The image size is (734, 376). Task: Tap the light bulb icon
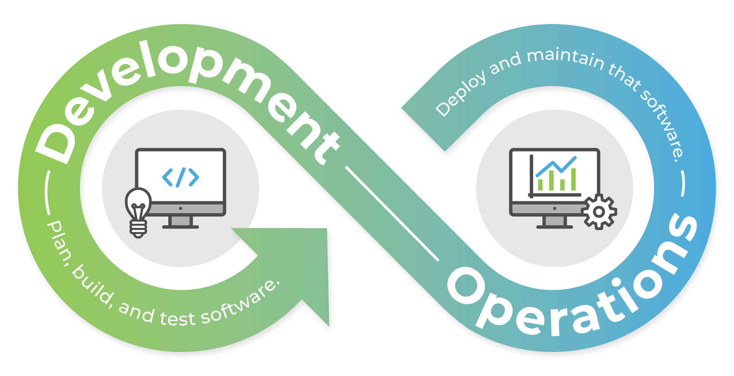coord(138,212)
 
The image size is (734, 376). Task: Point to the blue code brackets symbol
coord(180,177)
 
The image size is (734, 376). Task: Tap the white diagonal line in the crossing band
coord(392,214)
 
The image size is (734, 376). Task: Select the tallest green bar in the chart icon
coord(573,179)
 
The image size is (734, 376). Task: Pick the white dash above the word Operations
coord(683,184)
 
